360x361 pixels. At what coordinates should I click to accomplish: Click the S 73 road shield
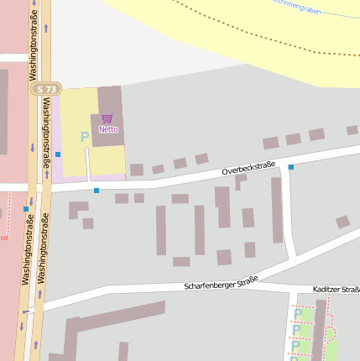click(46, 89)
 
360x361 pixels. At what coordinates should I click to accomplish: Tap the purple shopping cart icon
click(107, 119)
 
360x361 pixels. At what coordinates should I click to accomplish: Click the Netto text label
click(108, 129)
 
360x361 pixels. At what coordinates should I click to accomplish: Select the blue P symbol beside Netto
click(84, 137)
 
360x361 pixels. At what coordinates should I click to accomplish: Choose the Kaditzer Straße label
click(337, 290)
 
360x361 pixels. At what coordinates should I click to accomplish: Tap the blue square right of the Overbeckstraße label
click(291, 167)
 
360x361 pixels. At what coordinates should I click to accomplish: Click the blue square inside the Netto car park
click(58, 154)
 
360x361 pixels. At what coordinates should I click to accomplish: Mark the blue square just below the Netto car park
click(97, 191)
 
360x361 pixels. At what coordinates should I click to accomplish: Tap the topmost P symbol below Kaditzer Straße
click(298, 315)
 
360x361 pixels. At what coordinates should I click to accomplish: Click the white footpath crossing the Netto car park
click(87, 164)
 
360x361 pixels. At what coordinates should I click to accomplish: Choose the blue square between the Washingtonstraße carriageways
click(25, 208)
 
